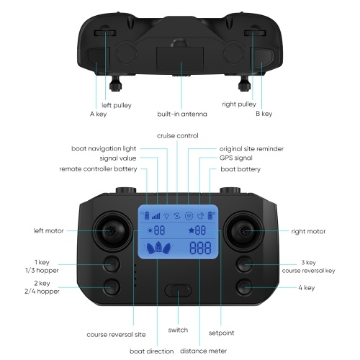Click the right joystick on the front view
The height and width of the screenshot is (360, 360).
click(244, 231)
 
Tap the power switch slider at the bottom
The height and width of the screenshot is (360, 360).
click(178, 290)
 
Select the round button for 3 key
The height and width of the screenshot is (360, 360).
click(244, 264)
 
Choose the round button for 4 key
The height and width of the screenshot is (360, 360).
click(244, 287)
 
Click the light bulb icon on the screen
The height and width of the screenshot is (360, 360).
click(166, 216)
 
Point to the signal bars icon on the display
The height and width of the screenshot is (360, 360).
click(156, 216)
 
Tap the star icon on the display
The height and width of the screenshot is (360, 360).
click(192, 230)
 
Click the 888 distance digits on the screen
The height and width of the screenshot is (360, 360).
click(200, 248)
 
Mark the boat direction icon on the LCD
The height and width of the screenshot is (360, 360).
click(158, 248)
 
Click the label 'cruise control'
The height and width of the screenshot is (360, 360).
click(178, 135)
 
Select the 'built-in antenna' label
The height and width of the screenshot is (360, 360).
click(182, 114)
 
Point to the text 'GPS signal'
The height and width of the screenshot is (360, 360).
click(236, 158)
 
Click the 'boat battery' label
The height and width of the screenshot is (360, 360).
click(240, 169)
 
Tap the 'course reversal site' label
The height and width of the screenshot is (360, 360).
click(116, 335)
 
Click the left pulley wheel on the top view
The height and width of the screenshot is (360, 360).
click(105, 33)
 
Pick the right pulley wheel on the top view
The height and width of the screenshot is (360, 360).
click(255, 33)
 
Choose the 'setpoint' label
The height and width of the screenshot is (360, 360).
click(221, 333)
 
